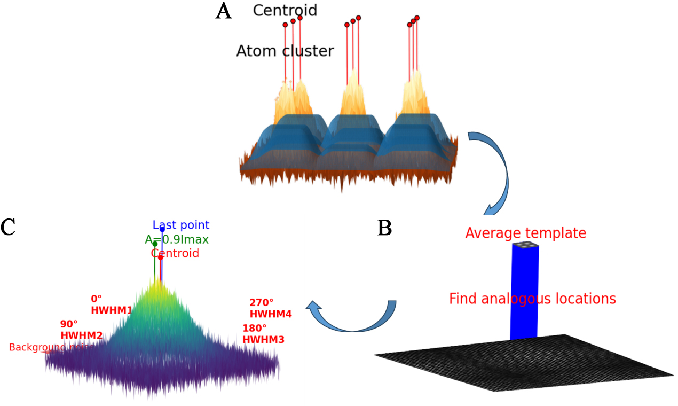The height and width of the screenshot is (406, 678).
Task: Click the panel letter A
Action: click(x=224, y=11)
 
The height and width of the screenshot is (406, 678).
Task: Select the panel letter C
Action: click(x=8, y=227)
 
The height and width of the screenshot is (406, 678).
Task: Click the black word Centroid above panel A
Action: click(x=285, y=10)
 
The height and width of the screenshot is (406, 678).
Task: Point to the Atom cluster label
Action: click(x=285, y=51)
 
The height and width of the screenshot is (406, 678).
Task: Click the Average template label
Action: click(x=525, y=233)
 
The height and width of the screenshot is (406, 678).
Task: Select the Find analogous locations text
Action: click(x=532, y=299)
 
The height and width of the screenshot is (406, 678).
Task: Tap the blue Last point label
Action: click(x=181, y=225)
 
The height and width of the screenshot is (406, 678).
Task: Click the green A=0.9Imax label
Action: click(x=177, y=239)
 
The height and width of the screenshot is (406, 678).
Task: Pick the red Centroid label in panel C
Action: click(x=175, y=253)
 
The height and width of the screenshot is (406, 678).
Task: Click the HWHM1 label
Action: click(x=111, y=310)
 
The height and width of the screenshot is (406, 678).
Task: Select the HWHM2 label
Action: click(x=81, y=335)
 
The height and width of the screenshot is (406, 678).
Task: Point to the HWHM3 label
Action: click(x=263, y=339)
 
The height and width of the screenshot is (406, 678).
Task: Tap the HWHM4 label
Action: click(x=270, y=314)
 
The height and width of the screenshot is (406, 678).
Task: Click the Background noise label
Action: click(x=51, y=347)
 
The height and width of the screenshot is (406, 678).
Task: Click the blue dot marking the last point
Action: click(x=162, y=229)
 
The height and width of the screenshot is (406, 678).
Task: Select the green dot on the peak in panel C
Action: click(x=155, y=244)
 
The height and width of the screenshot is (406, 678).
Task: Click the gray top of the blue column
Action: click(x=525, y=245)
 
